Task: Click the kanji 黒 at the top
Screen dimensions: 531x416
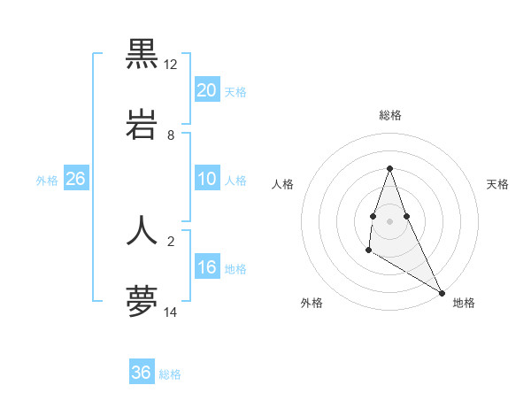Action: point(142,53)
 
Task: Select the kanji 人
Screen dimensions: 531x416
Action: point(142,229)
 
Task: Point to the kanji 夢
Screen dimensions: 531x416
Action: point(142,301)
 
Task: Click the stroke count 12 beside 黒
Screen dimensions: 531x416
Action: point(171,65)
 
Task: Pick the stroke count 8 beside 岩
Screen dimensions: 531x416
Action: point(171,135)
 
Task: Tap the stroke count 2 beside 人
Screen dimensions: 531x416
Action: point(171,240)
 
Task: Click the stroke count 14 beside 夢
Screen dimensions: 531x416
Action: point(171,312)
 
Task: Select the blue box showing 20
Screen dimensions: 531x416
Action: point(206,90)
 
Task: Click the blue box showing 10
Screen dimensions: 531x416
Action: point(206,179)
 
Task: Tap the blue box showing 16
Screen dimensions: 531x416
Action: point(206,267)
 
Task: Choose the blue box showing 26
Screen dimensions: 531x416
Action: point(75,179)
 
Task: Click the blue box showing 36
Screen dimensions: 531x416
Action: point(142,373)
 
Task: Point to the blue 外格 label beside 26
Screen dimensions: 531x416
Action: point(47,180)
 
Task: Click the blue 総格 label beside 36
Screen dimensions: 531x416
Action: point(170,374)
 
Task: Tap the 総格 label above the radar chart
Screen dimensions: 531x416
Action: point(390,115)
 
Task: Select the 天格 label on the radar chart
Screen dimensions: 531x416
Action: point(497,184)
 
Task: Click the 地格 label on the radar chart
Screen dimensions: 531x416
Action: point(464,303)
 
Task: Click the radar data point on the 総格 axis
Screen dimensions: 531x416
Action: point(390,168)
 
